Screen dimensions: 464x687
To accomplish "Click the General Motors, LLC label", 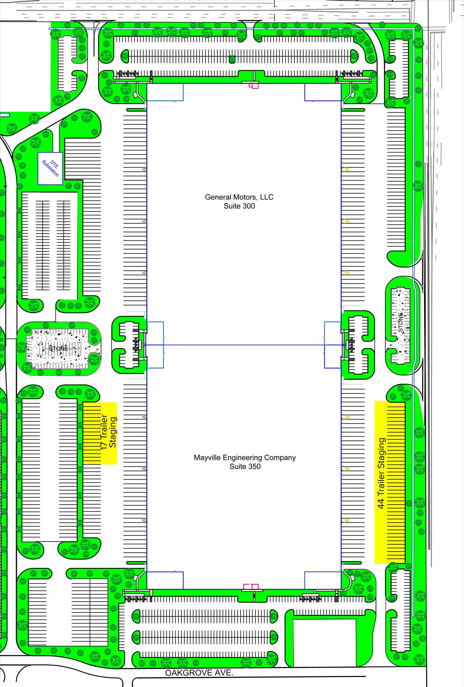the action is pos(239,197).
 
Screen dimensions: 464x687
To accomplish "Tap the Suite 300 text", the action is pos(239,206).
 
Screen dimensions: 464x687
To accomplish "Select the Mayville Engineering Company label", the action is pos(245,458).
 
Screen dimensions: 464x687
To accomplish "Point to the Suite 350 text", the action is pos(245,466).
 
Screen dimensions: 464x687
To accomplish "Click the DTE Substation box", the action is pos(50,168).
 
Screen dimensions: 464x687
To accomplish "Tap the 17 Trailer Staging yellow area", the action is pos(100,433).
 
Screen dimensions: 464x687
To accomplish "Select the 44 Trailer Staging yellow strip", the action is pos(390,482).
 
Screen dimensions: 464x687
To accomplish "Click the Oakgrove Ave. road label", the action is pos(199,673).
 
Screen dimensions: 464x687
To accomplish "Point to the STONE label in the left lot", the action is pos(58,348).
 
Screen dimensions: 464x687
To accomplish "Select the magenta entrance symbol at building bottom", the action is pos(251,587).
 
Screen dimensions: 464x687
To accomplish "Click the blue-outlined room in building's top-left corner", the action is pos(165,92).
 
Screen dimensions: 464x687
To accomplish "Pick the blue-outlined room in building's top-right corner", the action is pos(323,92).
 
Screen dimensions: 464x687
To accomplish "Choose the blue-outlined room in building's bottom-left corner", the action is pos(165,580).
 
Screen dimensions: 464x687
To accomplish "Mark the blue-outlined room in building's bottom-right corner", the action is pos(323,580).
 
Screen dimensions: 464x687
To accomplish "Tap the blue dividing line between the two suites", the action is pos(244,345).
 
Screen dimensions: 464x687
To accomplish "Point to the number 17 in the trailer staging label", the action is pos(103,444).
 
